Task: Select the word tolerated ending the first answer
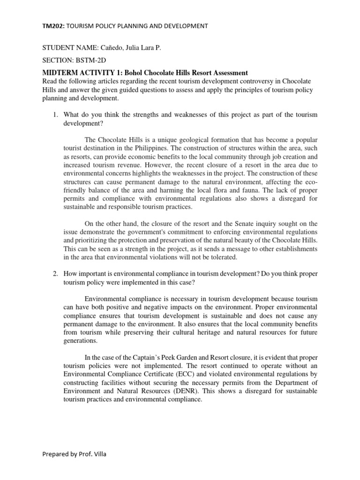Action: coord(224,257)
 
